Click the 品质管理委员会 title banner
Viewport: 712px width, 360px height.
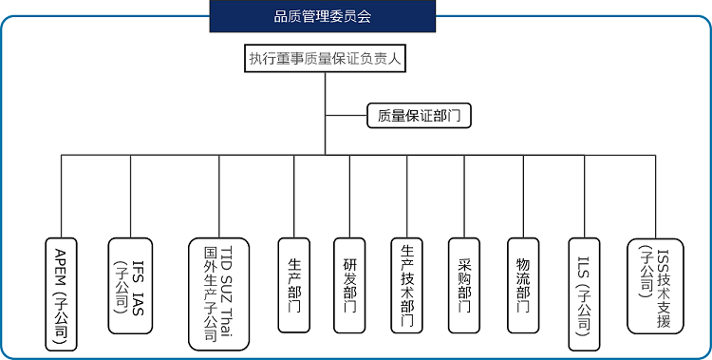322,16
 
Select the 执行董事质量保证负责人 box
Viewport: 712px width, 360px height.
325,59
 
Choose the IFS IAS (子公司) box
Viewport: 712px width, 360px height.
132,285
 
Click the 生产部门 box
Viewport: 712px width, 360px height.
294,282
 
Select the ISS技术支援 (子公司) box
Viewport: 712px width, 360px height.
655,285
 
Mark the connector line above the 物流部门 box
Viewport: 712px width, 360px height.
523,195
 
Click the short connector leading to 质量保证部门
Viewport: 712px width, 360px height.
346,116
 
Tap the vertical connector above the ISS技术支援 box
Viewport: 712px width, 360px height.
655,195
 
